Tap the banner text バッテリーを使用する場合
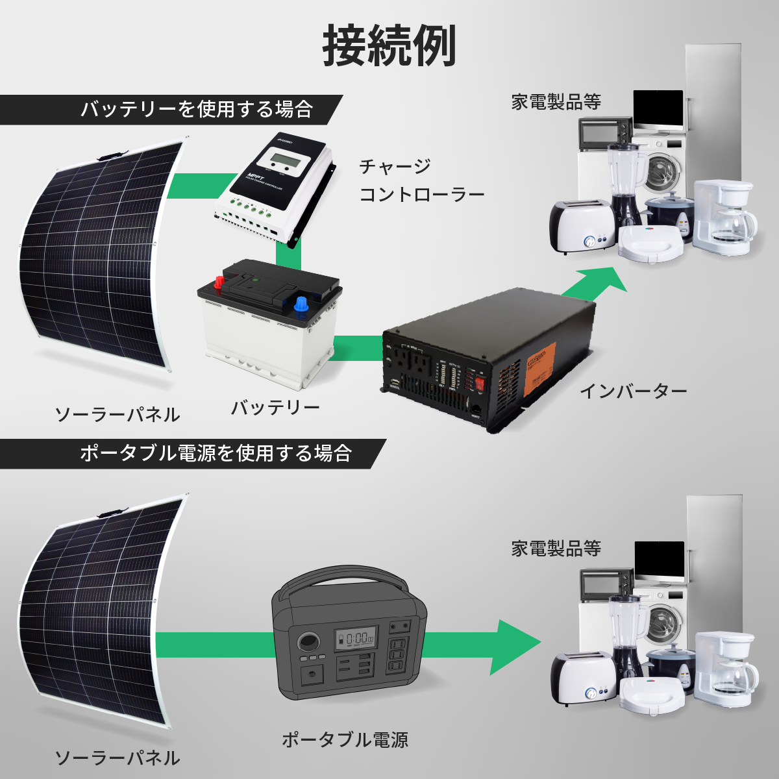pyautogui.click(x=197, y=109)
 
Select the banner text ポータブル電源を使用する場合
pyautogui.click(x=216, y=452)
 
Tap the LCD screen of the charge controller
pyautogui.click(x=286, y=159)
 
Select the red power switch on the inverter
pyautogui.click(x=480, y=384)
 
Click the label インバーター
pyautogui.click(x=633, y=391)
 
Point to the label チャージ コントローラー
pyautogui.click(x=422, y=180)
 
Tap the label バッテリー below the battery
pyautogui.click(x=276, y=408)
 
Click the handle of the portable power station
pyautogui.click(x=338, y=578)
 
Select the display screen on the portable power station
pyautogui.click(x=354, y=639)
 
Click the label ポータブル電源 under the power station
pyautogui.click(x=345, y=739)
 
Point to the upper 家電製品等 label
pyautogui.click(x=556, y=102)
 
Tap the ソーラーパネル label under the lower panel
pyautogui.click(x=117, y=758)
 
